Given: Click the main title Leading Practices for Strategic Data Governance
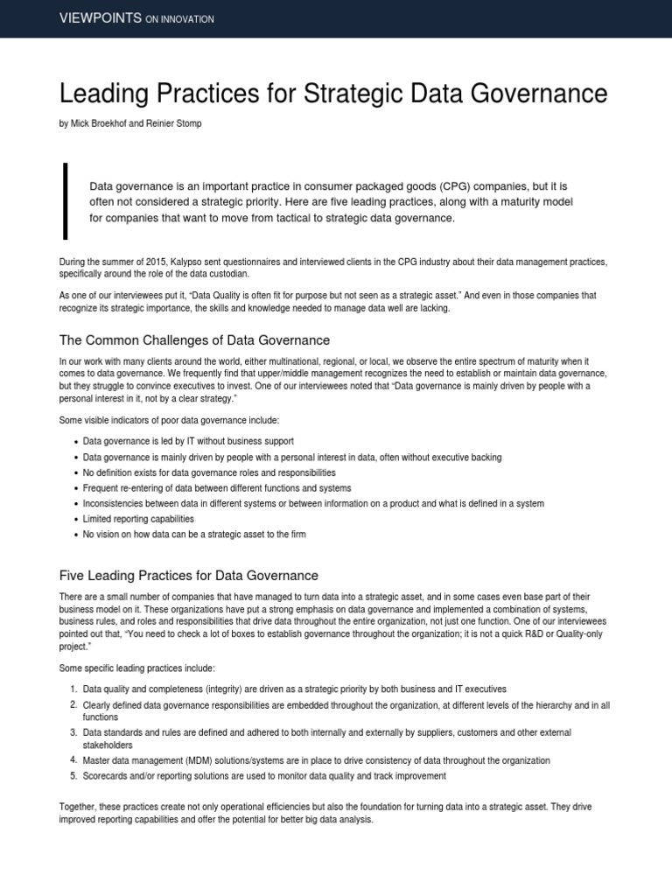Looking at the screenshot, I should point(332,94).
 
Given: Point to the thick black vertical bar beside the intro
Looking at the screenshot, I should point(64,200).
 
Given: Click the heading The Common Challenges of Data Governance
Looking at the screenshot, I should point(193,339).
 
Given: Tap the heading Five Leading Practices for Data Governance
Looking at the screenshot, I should point(188,575).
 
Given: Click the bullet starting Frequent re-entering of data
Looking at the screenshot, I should point(216,487).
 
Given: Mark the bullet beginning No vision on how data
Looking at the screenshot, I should point(194,534).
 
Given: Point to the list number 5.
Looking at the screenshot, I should point(73,776).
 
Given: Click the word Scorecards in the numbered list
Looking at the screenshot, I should point(104,776).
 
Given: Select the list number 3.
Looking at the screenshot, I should point(73,732).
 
